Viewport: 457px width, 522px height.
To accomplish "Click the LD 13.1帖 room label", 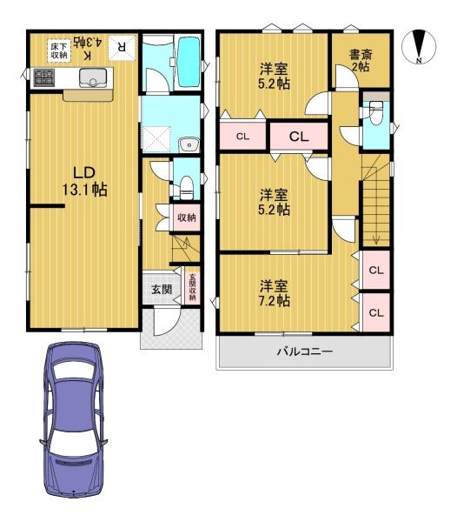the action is pyautogui.click(x=85, y=181).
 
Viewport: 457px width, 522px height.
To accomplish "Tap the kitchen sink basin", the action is pyautogui.click(x=93, y=77).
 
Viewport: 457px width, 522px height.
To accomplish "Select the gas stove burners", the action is pyautogui.click(x=43, y=77).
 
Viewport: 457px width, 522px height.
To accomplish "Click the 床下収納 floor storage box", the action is pyautogui.click(x=59, y=50).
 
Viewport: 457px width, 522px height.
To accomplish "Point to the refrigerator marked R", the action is pyautogui.click(x=122, y=48).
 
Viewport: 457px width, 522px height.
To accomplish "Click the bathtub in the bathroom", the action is pyautogui.click(x=189, y=63).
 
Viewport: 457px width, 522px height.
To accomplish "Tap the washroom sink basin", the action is pyautogui.click(x=189, y=144).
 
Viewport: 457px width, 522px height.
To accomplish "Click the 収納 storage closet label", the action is pyautogui.click(x=187, y=217).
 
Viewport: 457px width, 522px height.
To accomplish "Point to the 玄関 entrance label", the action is pyautogui.click(x=162, y=289).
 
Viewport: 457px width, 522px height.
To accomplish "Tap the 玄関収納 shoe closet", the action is pyautogui.click(x=192, y=285).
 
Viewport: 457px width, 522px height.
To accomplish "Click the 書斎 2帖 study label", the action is pyautogui.click(x=361, y=60).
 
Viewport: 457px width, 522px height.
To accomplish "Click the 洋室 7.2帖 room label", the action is pyautogui.click(x=275, y=293).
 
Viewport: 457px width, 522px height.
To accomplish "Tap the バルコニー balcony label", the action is pyautogui.click(x=305, y=351).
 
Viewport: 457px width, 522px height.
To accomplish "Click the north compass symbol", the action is pyautogui.click(x=419, y=46).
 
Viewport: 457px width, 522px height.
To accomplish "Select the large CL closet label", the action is pyautogui.click(x=299, y=137).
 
